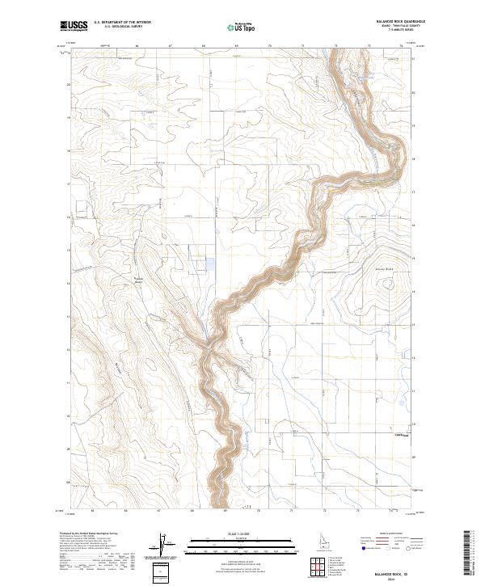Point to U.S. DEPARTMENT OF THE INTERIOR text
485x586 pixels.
(x=122, y=23)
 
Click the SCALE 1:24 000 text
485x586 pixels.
(x=241, y=534)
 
